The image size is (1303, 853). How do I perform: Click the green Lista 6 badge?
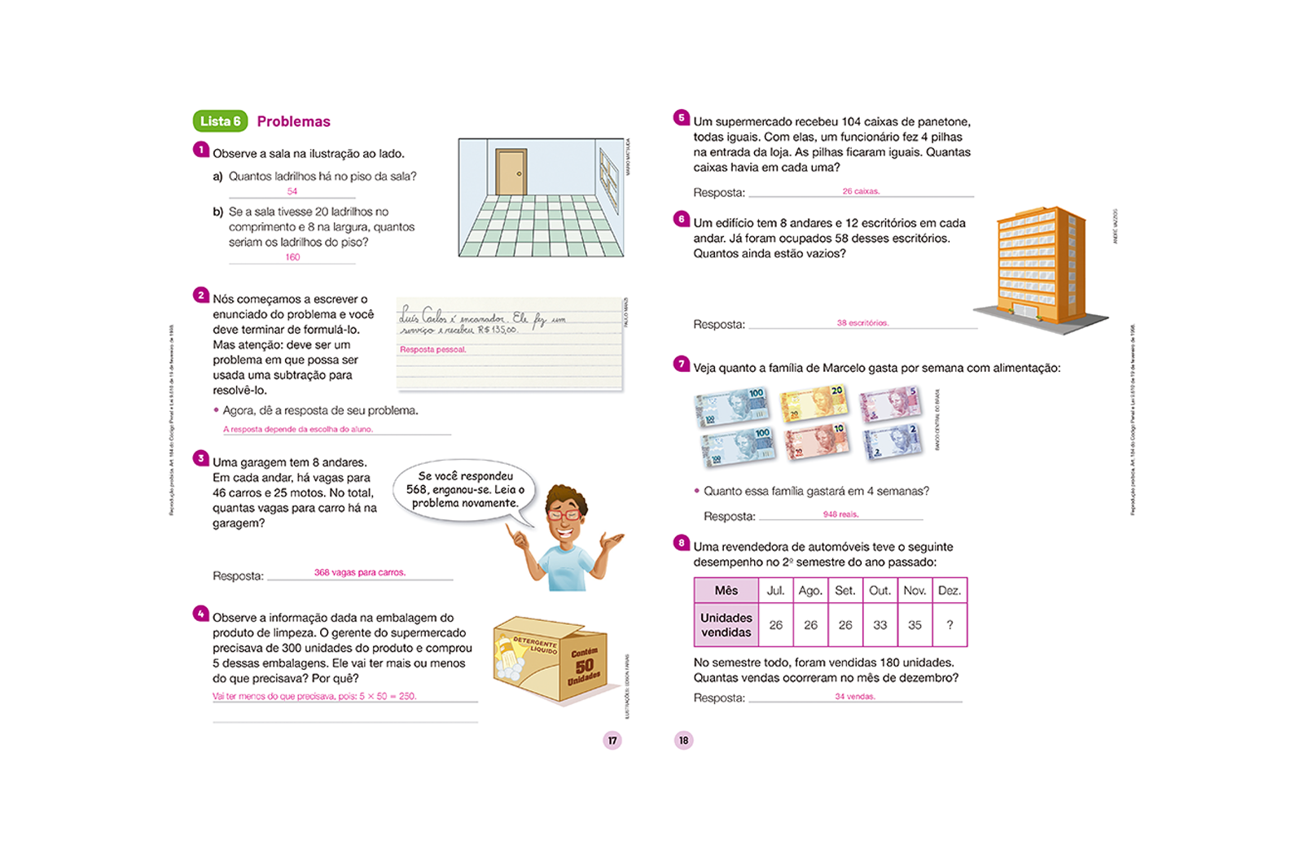click(220, 121)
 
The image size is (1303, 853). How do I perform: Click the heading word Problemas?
click(293, 121)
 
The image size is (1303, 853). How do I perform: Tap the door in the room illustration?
click(511, 172)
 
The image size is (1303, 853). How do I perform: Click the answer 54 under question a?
click(292, 191)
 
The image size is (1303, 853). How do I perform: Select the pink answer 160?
click(292, 257)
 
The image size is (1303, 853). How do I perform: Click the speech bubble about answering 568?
click(465, 490)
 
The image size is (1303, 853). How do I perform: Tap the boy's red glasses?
click(564, 514)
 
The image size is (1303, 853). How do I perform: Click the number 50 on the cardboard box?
click(584, 665)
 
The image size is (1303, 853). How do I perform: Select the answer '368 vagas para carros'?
click(359, 572)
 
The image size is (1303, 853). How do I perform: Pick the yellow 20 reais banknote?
click(813, 404)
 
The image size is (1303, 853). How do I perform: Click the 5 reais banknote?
click(890, 404)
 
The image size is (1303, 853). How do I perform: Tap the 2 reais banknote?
click(893, 441)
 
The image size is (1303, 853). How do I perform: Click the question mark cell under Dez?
click(949, 625)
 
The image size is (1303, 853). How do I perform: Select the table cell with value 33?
click(880, 625)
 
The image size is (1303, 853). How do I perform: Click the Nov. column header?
click(915, 591)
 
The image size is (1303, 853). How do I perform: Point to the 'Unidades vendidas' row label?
click(726, 625)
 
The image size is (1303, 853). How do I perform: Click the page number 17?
click(612, 741)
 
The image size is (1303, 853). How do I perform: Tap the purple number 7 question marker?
click(682, 363)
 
